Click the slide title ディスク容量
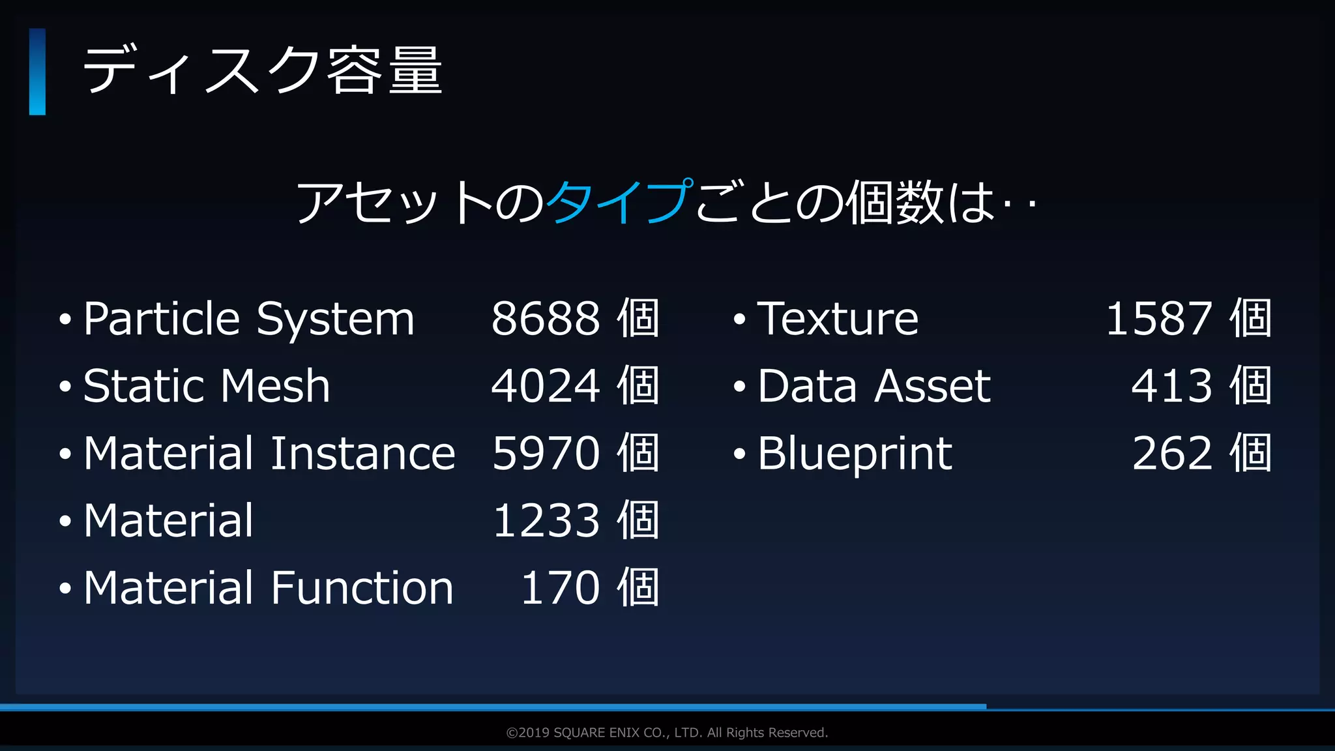[x=262, y=70]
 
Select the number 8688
[x=545, y=319]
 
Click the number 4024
[x=545, y=386]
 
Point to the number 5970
[x=546, y=453]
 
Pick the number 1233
[x=546, y=521]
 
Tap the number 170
[x=560, y=588]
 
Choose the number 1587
[x=1159, y=319]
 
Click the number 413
[x=1171, y=386]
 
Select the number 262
[x=1172, y=453]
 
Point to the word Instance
[x=362, y=453]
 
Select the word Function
[x=362, y=588]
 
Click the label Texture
[x=838, y=319]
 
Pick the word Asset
[x=932, y=386]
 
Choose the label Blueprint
[x=855, y=454]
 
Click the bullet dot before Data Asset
[x=739, y=387]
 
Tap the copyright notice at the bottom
[x=667, y=733]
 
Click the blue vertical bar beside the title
[x=37, y=72]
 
